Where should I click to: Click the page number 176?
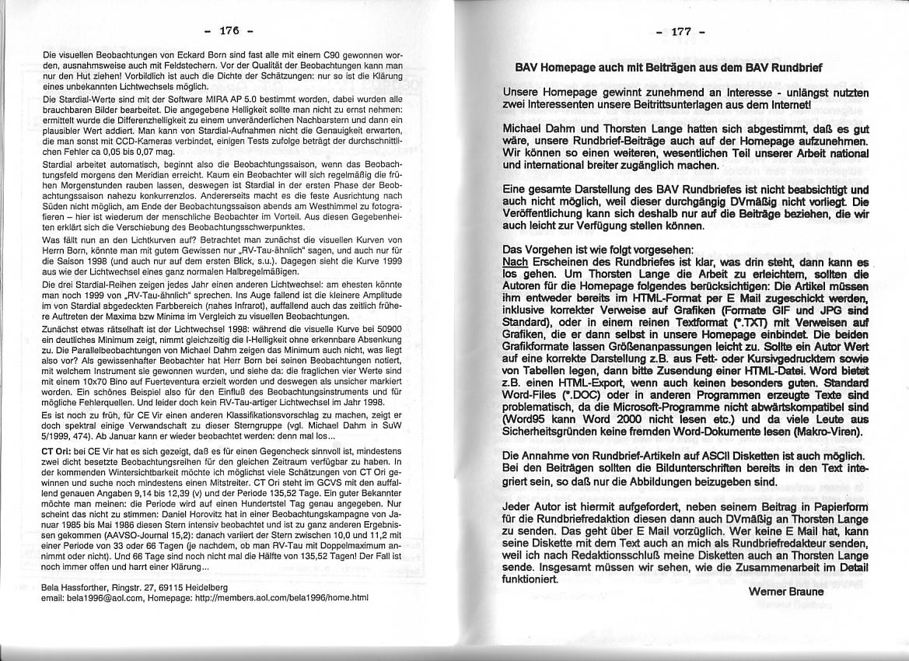coord(228,31)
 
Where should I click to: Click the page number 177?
coord(681,32)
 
